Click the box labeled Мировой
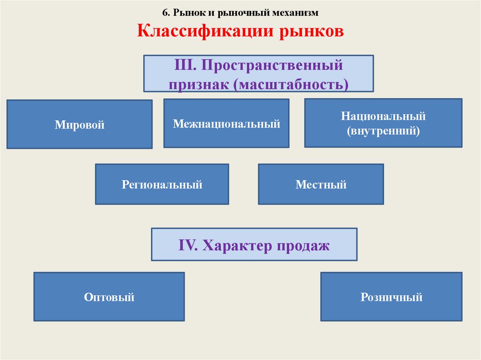coord(79,124)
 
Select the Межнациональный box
coord(226,123)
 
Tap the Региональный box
coord(162,184)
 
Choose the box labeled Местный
coord(321,184)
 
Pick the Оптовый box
coord(109,297)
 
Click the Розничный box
coord(391,297)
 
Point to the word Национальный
coord(383,115)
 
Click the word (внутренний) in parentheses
coord(383,131)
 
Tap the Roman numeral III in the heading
coord(184,65)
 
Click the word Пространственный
coord(273,65)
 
